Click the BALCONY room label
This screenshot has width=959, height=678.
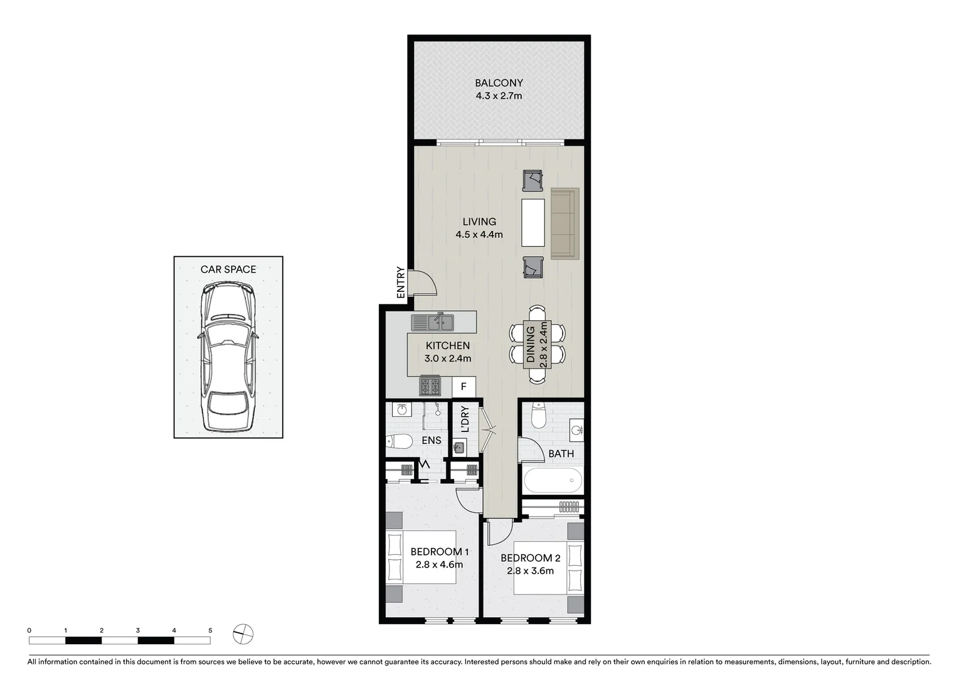click(x=499, y=83)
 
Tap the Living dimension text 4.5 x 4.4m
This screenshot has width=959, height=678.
click(x=479, y=235)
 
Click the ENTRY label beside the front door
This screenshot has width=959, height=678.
click(x=401, y=282)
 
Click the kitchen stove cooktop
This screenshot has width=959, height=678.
click(x=430, y=385)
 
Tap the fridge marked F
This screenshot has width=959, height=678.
click(x=464, y=387)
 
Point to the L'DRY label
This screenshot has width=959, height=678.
click(x=465, y=419)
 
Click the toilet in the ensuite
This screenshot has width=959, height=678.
click(x=398, y=442)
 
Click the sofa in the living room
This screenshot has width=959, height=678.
click(x=564, y=223)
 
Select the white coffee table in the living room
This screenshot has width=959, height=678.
click(x=533, y=223)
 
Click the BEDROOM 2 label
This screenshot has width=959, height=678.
click(x=531, y=557)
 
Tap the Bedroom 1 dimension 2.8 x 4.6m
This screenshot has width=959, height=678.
click(x=439, y=564)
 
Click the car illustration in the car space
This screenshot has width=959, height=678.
click(x=228, y=357)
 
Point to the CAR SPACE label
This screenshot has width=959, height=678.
click(x=228, y=269)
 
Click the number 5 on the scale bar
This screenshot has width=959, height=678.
click(x=210, y=630)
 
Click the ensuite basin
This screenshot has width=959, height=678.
click(x=401, y=410)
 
